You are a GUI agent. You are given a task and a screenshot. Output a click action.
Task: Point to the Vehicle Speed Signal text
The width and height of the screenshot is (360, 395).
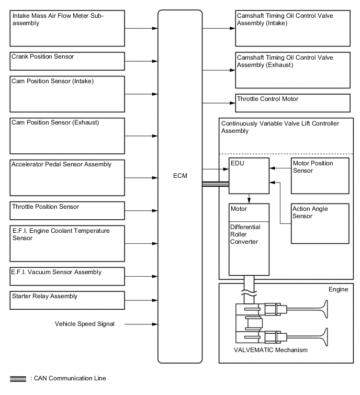tap(84, 324)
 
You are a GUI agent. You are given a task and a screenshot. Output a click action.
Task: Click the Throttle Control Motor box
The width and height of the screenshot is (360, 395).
tap(292, 103)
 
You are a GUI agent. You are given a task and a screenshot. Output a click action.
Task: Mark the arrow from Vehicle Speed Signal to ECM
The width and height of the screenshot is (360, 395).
tap(141, 324)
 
